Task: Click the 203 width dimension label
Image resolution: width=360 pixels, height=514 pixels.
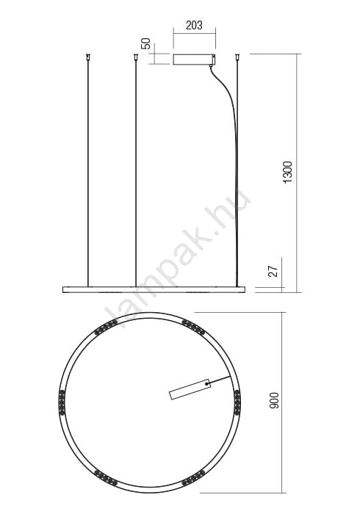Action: [x=194, y=25]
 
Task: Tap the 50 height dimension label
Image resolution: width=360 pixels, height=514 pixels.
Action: [x=145, y=43]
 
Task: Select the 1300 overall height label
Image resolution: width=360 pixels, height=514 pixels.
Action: [x=287, y=173]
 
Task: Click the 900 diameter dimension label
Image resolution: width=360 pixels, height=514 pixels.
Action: [x=274, y=401]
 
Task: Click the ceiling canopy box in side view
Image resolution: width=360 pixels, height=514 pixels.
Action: [x=194, y=59]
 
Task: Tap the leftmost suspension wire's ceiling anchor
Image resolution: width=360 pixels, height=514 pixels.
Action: [x=87, y=57]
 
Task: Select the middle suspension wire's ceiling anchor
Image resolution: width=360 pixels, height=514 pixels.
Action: [x=135, y=57]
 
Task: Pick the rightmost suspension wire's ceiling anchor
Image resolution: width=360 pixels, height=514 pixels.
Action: [x=237, y=57]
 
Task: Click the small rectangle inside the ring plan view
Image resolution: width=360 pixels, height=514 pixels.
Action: [x=190, y=389]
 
